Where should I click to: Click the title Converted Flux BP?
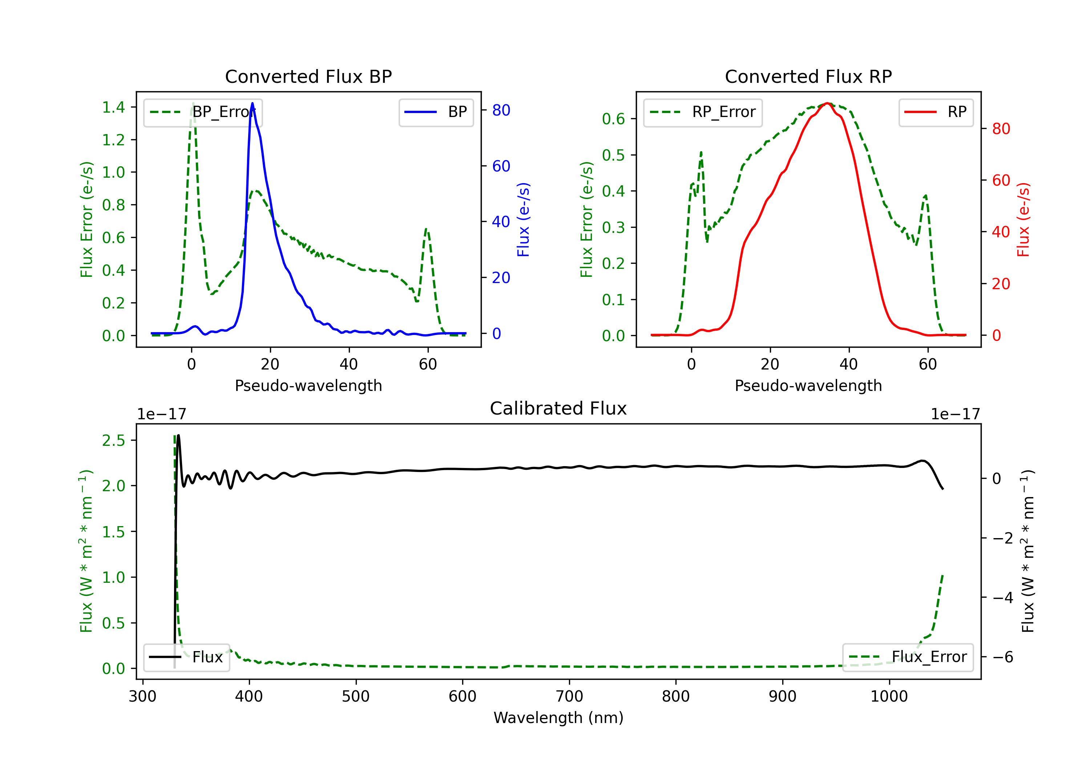point(308,76)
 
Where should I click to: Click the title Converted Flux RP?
point(808,76)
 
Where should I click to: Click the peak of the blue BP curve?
point(252,103)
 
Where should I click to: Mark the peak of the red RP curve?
point(827,103)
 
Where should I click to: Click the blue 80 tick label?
point(501,110)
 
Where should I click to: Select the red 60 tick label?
point(1001,181)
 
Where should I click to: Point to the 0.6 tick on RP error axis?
point(613,119)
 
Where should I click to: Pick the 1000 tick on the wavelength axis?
point(889,697)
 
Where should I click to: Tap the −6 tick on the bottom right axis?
point(1003,657)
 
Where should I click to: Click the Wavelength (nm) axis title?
point(558,718)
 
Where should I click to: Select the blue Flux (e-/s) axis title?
point(523,219)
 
